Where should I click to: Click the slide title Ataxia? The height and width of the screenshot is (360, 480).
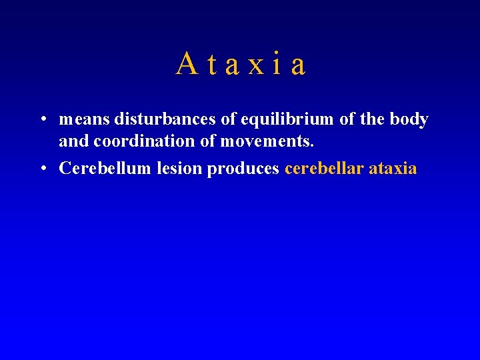pyautogui.click(x=241, y=64)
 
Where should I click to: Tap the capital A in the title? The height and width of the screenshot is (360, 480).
pyautogui.click(x=187, y=64)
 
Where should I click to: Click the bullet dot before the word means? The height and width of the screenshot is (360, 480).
pyautogui.click(x=41, y=120)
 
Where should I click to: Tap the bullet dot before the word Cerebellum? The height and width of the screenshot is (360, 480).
pyautogui.click(x=41, y=169)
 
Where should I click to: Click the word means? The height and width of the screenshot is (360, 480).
pyautogui.click(x=85, y=120)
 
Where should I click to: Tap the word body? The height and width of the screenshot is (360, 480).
pyautogui.click(x=409, y=120)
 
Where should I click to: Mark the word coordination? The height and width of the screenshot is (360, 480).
pyautogui.click(x=139, y=141)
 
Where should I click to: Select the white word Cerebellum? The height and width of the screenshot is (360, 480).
pyautogui.click(x=105, y=169)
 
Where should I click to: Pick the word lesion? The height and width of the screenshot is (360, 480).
pyautogui.click(x=180, y=169)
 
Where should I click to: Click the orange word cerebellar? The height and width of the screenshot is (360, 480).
pyautogui.click(x=324, y=169)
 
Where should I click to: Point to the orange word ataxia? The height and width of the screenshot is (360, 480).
pyautogui.click(x=393, y=169)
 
